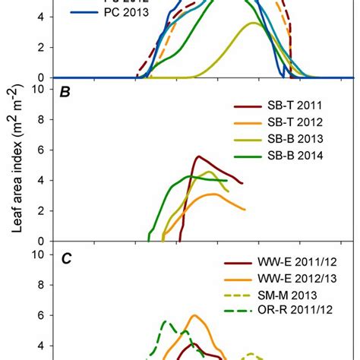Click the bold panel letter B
66,92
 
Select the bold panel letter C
66,258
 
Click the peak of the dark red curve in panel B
199,156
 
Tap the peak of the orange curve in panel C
194,315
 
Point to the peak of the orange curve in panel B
214,194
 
